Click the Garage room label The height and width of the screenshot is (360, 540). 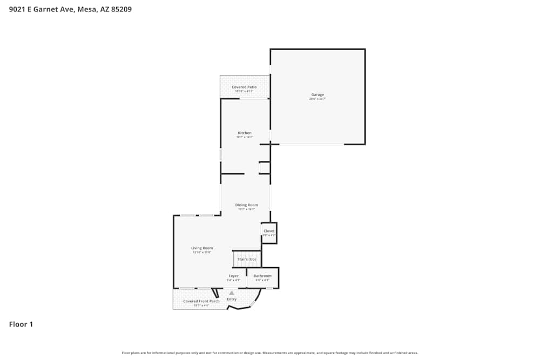click(317, 95)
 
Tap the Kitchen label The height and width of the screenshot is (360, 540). click(245, 133)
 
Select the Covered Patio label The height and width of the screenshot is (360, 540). click(244, 87)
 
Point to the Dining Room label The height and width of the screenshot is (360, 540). click(246, 205)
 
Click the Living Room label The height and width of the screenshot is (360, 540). click(202, 248)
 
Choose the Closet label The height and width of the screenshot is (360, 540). click(269, 231)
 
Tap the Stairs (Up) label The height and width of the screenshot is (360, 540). click(247, 259)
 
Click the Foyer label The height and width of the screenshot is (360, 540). click(233, 276)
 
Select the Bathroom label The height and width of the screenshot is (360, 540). click(262, 276)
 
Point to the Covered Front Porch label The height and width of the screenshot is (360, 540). click(201, 301)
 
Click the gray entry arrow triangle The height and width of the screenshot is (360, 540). click(232, 293)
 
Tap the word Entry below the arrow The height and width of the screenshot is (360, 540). click(232, 299)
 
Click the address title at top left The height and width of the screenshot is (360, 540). click(70, 9)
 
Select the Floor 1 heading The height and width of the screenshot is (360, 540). click(21, 324)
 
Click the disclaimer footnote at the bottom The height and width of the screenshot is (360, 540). click(270, 353)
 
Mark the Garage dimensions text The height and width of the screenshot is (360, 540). click(317, 99)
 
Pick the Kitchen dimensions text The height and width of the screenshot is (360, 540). click(245, 137)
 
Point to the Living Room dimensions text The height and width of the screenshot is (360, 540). click(202, 253)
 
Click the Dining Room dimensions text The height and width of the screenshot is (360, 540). click(246, 209)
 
